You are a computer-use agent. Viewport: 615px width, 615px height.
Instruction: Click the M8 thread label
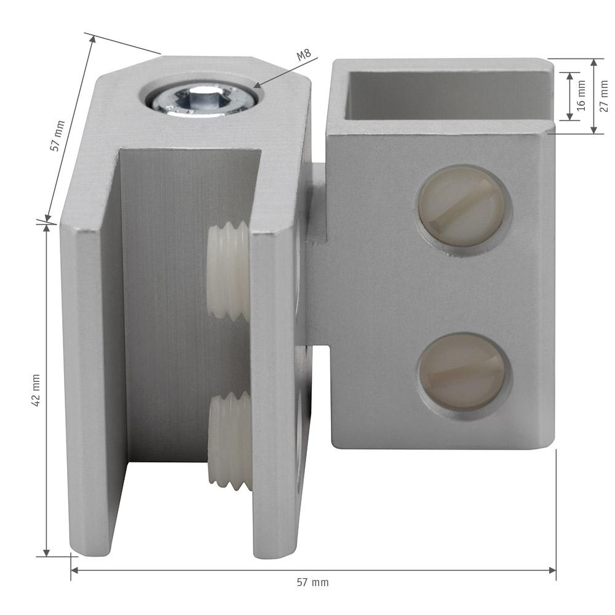coord(304,55)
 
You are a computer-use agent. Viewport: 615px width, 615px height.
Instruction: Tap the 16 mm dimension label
coord(581,96)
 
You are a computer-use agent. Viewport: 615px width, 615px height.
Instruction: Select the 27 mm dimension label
coord(604,96)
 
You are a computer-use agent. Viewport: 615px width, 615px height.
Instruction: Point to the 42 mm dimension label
coord(36,390)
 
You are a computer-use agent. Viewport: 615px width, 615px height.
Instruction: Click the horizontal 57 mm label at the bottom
coord(312,582)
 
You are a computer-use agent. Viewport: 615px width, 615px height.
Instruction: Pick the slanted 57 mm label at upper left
coord(57,136)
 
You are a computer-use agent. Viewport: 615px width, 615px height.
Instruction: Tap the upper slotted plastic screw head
coord(462,207)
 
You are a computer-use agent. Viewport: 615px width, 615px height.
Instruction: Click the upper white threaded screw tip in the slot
coord(228,271)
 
